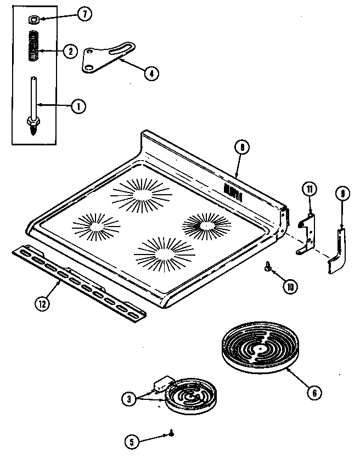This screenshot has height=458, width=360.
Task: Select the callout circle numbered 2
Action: (70, 52)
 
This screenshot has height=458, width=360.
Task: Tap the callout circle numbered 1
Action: (78, 106)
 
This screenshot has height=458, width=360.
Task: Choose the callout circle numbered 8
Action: (241, 147)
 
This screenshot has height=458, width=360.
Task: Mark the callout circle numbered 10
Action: (289, 285)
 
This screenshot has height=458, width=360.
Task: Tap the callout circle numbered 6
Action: (313, 393)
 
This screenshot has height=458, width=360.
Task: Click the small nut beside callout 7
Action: (32, 20)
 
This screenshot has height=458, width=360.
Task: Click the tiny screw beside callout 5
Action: (172, 433)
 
